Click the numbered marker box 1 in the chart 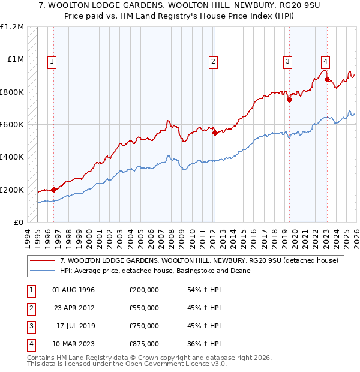pos(52,61)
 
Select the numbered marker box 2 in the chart pos(213,61)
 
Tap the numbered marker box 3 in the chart pos(288,61)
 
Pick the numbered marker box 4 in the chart pos(325,61)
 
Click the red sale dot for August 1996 pos(54,190)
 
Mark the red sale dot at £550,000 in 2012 pos(215,133)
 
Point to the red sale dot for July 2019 pos(289,100)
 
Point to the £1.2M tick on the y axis pos(12,27)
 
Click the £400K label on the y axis pos(12,157)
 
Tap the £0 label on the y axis pos(19,222)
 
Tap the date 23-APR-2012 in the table pos(73,308)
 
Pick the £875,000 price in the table pos(144,344)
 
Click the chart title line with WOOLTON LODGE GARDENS pos(180,6)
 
